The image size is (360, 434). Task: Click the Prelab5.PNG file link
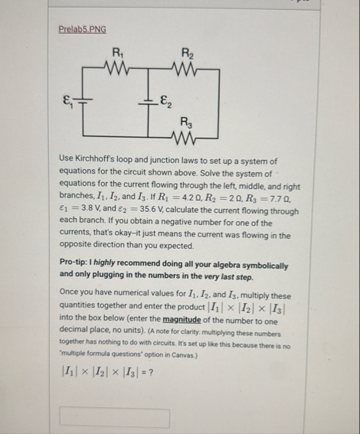[x=82, y=30]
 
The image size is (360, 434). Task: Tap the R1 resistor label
[x=116, y=53]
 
